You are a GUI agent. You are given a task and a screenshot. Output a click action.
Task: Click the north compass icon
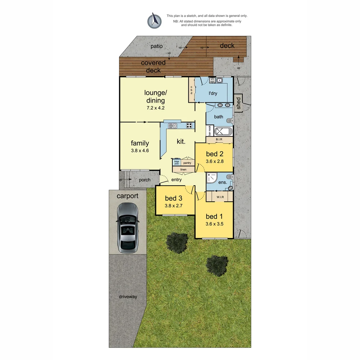tap(154, 20)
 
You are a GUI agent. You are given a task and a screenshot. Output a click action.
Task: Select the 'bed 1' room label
tap(214, 216)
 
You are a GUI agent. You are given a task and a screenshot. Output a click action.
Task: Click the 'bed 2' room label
tap(214, 154)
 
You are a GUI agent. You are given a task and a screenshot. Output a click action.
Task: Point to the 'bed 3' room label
tap(173, 199)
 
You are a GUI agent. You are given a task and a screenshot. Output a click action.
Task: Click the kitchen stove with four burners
tap(189, 126)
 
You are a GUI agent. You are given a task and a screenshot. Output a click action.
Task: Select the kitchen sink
tap(172, 126)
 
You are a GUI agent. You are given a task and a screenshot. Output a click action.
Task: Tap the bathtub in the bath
tap(222, 131)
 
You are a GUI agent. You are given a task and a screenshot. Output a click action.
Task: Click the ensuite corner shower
tap(212, 178)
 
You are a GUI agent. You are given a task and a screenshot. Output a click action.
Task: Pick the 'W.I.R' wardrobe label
tap(220, 197)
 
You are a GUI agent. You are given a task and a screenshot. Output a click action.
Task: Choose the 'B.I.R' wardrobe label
tap(219, 139)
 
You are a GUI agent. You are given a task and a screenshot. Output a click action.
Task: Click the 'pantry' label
tap(187, 163)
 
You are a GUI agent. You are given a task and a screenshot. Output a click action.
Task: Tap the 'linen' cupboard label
tap(183, 170)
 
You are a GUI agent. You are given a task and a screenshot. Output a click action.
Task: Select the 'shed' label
tap(238, 103)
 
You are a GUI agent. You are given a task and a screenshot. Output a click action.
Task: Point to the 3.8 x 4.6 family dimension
tap(140, 151)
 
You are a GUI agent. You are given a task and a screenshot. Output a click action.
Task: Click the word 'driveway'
tap(128, 297)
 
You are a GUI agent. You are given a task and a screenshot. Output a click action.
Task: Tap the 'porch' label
tap(144, 180)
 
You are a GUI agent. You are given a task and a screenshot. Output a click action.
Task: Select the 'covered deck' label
tap(153, 66)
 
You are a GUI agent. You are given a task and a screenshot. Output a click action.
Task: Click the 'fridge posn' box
tap(176, 163)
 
